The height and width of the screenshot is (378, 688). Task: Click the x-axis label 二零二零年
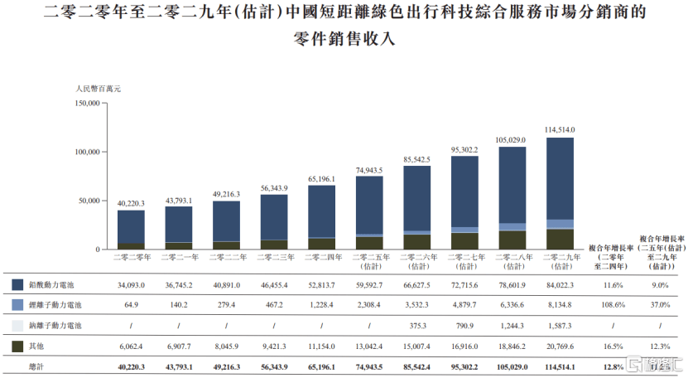pyautogui.click(x=131, y=258)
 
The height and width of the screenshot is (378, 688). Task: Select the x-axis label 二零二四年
pyautogui.click(x=321, y=258)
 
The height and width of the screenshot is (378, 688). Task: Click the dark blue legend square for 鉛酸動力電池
pyautogui.click(x=17, y=284)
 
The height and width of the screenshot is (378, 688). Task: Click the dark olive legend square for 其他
pyautogui.click(x=17, y=346)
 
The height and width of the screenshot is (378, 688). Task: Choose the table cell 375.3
pyautogui.click(x=417, y=326)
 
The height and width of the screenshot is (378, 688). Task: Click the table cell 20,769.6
pyautogui.click(x=561, y=346)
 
